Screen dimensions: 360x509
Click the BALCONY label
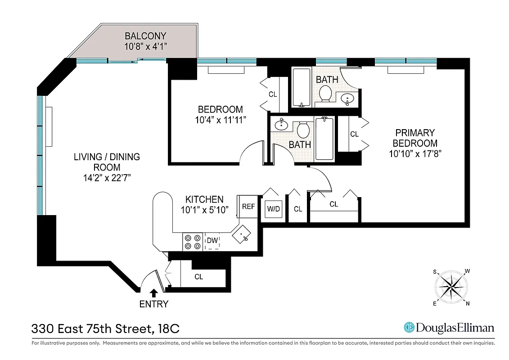coord(145,36)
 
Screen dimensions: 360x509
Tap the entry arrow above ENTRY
coord(154,292)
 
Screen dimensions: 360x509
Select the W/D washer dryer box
coord(273,209)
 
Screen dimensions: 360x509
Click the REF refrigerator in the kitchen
coord(248,207)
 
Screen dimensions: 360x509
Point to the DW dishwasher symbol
coord(212,241)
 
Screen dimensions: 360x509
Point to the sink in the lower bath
coord(282,125)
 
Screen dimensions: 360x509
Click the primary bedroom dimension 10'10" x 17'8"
coord(415,153)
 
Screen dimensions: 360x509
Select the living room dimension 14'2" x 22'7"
coord(107,177)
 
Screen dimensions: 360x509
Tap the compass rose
coord(451,287)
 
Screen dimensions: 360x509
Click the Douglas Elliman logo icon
coord(409,328)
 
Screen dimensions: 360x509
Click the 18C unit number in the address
coord(169,329)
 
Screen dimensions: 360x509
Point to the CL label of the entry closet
coord(198,277)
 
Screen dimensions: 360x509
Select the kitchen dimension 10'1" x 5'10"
coord(205,209)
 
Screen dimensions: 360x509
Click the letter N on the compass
coord(468,303)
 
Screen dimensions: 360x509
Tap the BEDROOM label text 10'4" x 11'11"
coord(220,120)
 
